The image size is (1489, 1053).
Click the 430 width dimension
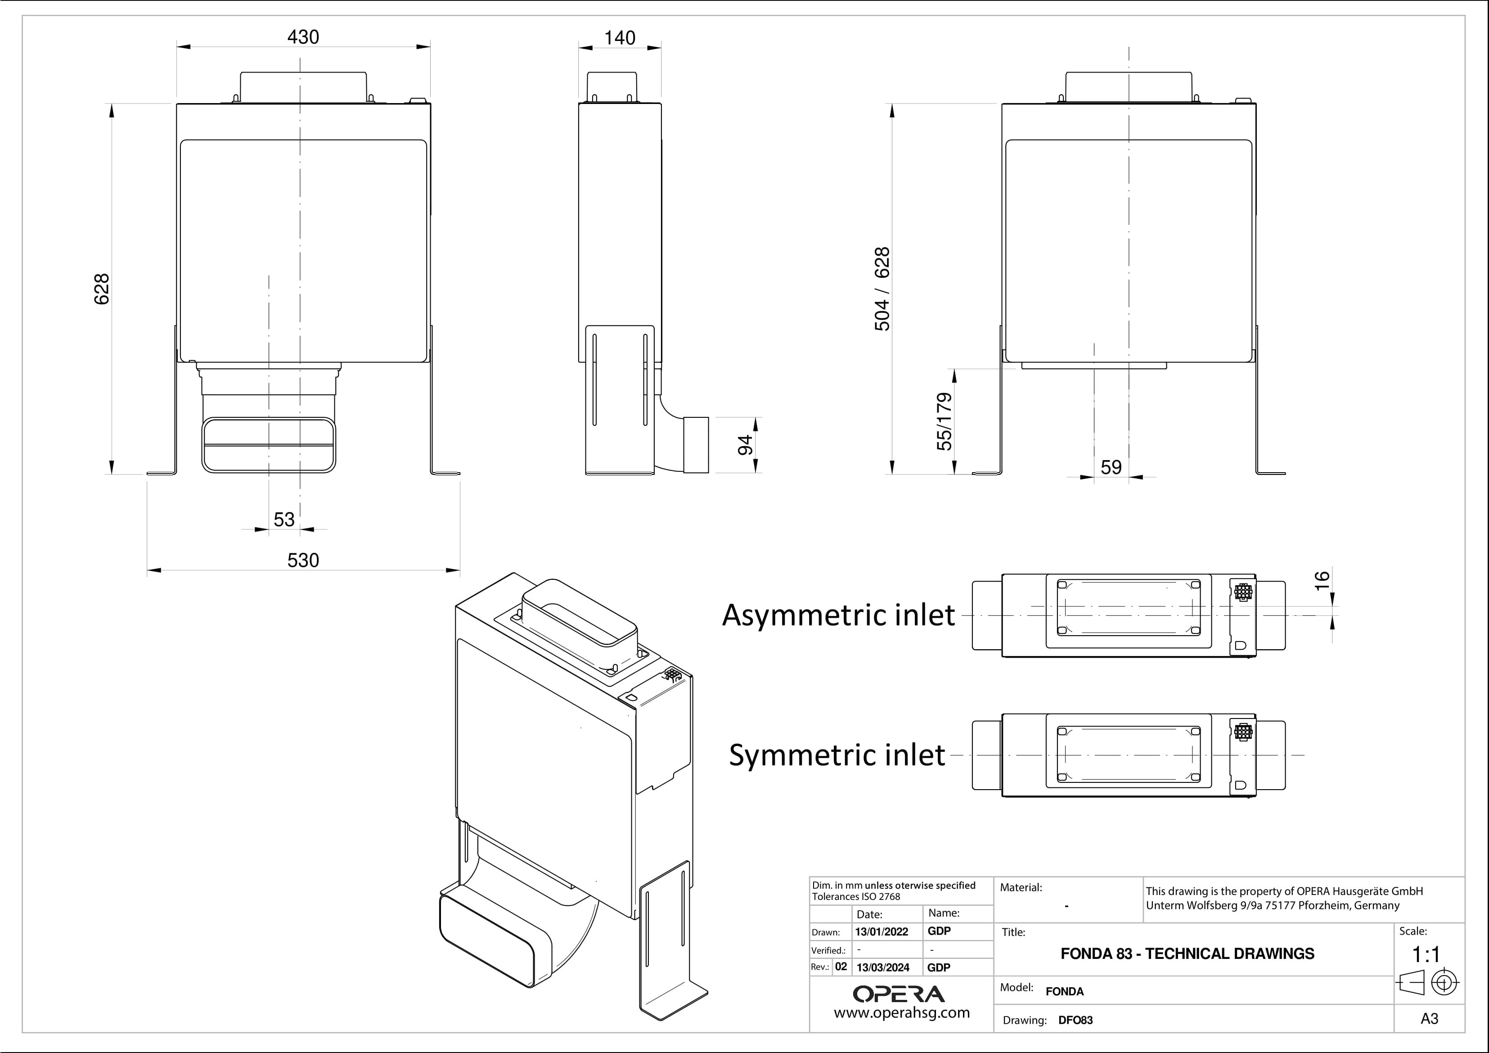303,37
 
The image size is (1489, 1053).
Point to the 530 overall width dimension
303,560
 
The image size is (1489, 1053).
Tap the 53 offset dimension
284,520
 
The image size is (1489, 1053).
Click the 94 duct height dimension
745,445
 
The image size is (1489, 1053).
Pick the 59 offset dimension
1111,467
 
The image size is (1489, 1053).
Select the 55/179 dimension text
945,422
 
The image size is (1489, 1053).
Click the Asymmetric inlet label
838,615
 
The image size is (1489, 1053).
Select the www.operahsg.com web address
901,1013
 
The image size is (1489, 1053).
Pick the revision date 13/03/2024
882,967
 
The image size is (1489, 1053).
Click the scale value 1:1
1426,954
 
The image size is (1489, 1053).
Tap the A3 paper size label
1429,1019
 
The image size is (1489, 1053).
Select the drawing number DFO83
1075,1020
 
